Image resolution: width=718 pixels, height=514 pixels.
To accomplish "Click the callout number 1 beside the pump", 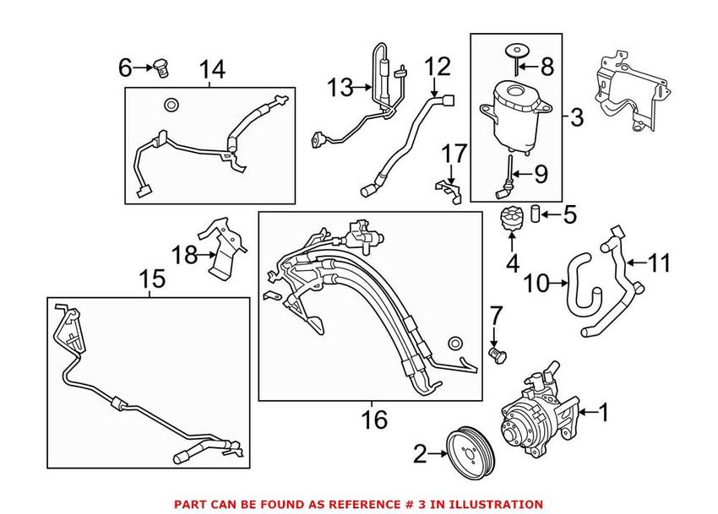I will (x=603, y=413).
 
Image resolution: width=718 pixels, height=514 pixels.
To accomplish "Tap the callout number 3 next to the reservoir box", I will (x=576, y=117).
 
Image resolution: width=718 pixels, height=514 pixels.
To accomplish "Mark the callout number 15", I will (x=455, y=343).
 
